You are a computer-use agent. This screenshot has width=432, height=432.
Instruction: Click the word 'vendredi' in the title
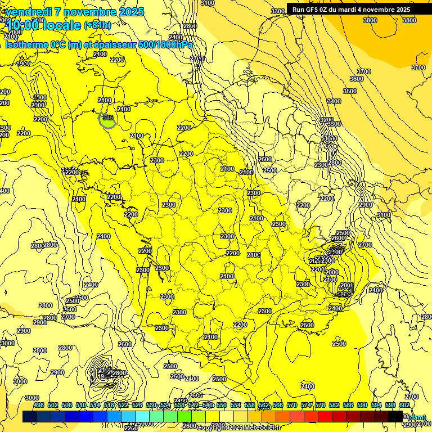28,12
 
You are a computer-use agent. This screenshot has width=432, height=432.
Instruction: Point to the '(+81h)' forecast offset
97,25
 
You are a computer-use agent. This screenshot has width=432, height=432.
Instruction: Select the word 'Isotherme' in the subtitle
26,44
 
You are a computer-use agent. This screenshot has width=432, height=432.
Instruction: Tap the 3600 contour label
357,79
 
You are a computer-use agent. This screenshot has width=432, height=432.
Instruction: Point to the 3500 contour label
350,91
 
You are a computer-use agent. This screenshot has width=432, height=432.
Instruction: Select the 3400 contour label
334,101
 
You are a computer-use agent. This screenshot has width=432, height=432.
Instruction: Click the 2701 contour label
197,58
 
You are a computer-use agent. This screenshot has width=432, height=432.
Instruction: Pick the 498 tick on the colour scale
39,405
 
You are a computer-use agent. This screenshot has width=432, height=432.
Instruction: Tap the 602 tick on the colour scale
404,405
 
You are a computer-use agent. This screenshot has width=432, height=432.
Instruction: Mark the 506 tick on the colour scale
67,405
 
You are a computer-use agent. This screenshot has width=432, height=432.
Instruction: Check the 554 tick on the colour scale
236,405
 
